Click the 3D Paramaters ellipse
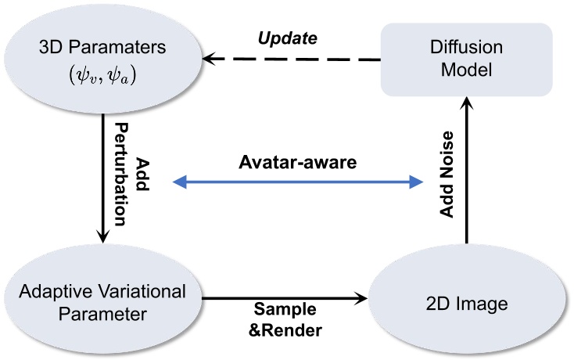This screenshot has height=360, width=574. click(x=102, y=58)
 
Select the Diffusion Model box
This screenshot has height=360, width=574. click(x=466, y=59)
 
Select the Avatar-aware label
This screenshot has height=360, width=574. click(x=298, y=164)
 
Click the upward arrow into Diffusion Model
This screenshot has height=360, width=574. click(x=467, y=172)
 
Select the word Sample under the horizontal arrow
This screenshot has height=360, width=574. click(x=284, y=311)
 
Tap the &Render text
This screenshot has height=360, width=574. click(x=284, y=330)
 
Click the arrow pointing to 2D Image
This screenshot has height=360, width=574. click(x=285, y=297)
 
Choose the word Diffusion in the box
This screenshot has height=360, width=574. click(x=466, y=49)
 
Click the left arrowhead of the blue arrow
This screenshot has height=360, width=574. click(x=180, y=183)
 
